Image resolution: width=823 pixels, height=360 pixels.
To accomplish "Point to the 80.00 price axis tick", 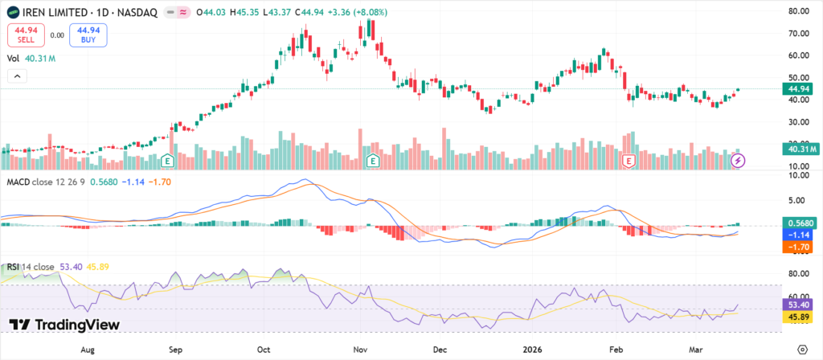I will click(x=797, y=11).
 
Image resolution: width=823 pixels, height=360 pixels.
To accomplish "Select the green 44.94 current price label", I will click(x=797, y=89).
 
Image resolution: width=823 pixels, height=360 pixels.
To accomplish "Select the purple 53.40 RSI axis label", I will click(x=799, y=305).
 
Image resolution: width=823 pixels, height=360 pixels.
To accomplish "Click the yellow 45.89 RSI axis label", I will click(x=799, y=318).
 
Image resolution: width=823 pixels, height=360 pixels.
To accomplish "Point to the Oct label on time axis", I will click(x=263, y=350).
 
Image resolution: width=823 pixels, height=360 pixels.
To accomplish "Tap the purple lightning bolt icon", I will click(x=739, y=161).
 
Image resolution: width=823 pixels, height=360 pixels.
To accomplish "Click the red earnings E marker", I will click(x=629, y=161).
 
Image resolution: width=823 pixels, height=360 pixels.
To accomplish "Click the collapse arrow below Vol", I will click(x=16, y=76).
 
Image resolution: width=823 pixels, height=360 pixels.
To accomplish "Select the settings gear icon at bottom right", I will click(x=800, y=350).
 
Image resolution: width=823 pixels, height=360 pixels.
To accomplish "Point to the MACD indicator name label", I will click(x=19, y=182).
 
